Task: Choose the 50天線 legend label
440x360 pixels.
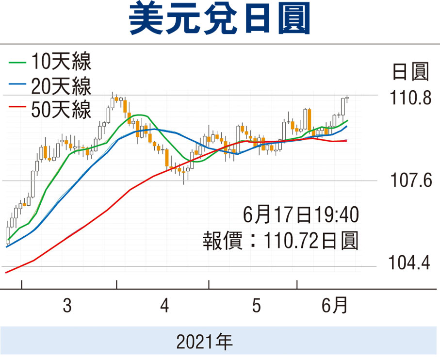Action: pyautogui.click(x=61, y=111)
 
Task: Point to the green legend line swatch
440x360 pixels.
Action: pyautogui.click(x=17, y=62)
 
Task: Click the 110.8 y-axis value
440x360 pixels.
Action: pyautogui.click(x=411, y=98)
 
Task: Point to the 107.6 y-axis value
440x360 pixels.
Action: pyautogui.click(x=411, y=181)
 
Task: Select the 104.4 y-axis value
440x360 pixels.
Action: pyautogui.click(x=411, y=265)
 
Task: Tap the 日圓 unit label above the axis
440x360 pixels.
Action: pyautogui.click(x=410, y=73)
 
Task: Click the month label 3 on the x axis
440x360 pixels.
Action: pyautogui.click(x=67, y=307)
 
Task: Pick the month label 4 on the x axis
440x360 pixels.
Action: pyautogui.click(x=165, y=307)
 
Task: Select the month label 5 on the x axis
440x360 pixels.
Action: pyautogui.click(x=256, y=307)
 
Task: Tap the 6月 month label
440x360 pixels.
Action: pyautogui.click(x=335, y=306)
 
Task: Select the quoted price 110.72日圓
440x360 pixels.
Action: pyautogui.click(x=310, y=240)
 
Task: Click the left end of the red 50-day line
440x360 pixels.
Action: pyautogui.click(x=6, y=273)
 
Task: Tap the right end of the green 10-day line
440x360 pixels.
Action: pyautogui.click(x=348, y=120)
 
